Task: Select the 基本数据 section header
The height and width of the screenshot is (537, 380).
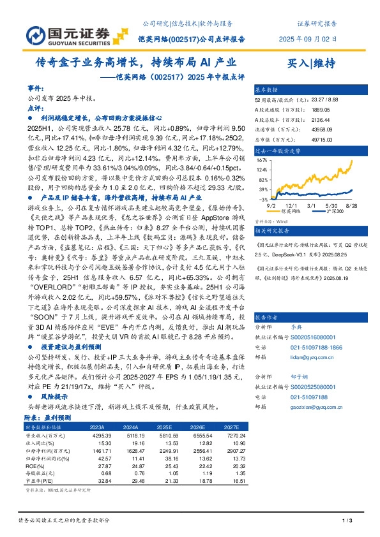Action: pos(267,90)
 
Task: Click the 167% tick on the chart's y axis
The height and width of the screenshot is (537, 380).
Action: pos(262,161)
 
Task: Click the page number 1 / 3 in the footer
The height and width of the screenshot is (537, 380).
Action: pos(347,521)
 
